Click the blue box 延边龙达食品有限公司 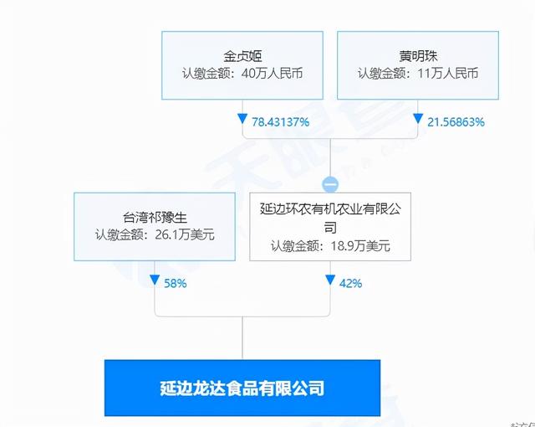242,388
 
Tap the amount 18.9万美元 359,246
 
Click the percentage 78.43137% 282,121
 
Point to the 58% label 176,283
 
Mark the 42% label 351,283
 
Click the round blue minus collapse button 331,183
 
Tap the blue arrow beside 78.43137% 242,121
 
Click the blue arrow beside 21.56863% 418,121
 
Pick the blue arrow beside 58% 155,282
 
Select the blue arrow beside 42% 331,282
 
